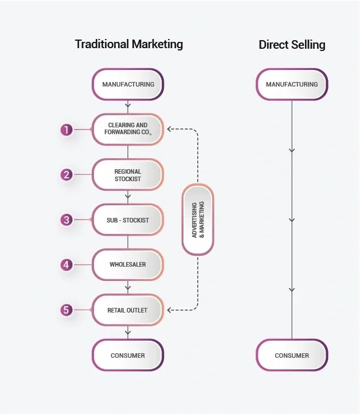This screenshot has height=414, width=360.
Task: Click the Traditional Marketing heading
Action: (129, 44)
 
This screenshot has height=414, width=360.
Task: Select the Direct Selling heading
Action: (292, 45)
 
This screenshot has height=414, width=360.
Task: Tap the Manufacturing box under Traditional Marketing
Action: (128, 84)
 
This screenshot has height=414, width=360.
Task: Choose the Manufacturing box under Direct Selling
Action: (292, 84)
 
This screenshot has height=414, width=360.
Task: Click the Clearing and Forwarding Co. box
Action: (128, 130)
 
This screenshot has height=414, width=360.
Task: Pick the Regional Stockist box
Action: (128, 175)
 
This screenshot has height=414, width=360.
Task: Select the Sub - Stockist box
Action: (128, 220)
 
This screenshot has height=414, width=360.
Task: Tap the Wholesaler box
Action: (128, 264)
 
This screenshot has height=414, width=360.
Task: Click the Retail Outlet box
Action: (128, 310)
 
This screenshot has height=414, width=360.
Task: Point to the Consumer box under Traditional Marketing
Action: (128, 355)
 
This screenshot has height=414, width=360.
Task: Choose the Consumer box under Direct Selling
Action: (292, 355)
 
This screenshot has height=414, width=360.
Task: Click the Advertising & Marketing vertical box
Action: (198, 220)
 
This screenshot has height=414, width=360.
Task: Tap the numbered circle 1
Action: (66, 130)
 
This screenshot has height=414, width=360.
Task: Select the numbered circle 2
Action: (66, 175)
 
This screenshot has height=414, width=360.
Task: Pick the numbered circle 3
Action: (66, 220)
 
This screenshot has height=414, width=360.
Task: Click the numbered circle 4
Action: (66, 265)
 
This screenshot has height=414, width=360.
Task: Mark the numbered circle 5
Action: (66, 310)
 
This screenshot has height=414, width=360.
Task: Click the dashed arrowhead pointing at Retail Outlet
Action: (169, 310)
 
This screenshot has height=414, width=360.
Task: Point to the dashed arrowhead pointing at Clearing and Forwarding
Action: (169, 129)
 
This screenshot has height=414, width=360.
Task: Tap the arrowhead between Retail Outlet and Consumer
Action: (128, 331)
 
